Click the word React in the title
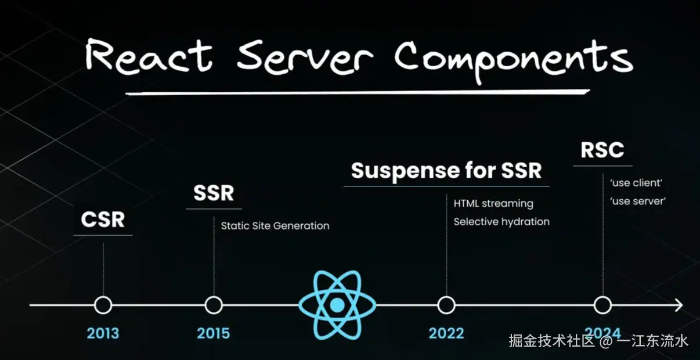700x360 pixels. click(149, 56)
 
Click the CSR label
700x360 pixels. click(103, 219)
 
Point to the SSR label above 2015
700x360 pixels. click(214, 193)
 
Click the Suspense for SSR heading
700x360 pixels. click(446, 171)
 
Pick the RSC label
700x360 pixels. click(602, 150)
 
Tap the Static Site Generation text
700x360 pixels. click(275, 226)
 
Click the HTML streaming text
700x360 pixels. click(493, 203)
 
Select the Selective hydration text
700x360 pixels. click(501, 222)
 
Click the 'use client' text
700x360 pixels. click(636, 183)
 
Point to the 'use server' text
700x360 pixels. click(638, 201)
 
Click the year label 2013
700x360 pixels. click(103, 333)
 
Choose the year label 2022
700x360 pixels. click(446, 333)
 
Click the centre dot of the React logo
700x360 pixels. click(337, 305)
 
